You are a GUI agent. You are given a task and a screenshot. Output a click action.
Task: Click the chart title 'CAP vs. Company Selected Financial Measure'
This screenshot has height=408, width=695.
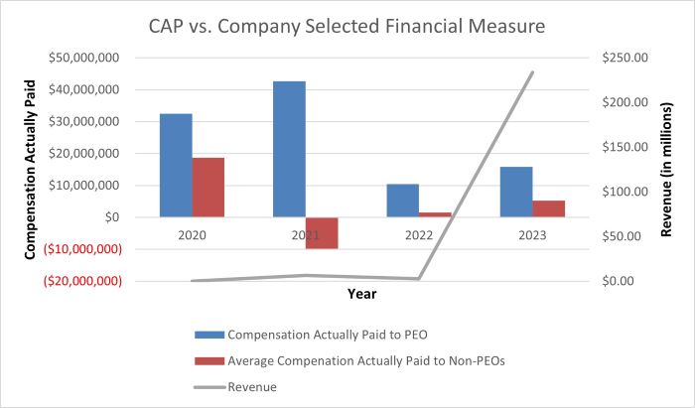tap(347, 25)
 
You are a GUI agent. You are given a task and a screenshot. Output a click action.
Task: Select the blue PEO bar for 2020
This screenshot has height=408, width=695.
tap(176, 165)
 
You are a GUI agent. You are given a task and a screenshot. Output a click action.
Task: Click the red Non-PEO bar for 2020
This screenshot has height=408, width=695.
tap(208, 187)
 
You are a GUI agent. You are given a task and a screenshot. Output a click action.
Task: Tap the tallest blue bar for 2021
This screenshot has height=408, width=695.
tap(289, 149)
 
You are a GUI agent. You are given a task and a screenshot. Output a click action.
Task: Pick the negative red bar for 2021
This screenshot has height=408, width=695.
tap(322, 232)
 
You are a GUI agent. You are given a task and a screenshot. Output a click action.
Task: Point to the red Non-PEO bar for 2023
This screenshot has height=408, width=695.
tap(549, 208)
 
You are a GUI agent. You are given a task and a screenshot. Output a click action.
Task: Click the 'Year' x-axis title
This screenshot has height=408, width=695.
tap(361, 294)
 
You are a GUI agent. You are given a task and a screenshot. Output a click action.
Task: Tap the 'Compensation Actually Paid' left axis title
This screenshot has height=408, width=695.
tap(31, 170)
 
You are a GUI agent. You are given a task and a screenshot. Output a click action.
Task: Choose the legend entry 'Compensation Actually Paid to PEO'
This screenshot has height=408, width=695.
tap(328, 334)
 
